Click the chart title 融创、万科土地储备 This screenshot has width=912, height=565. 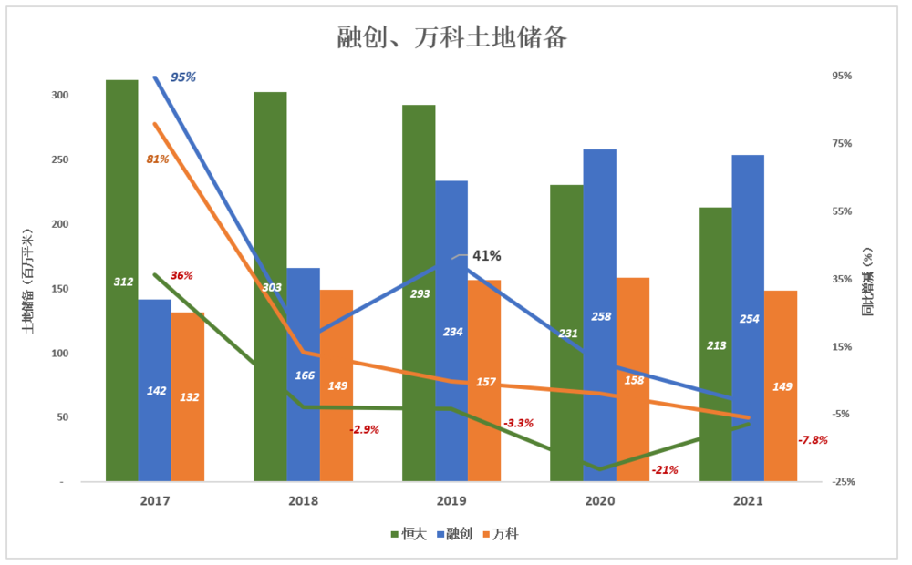[452, 37]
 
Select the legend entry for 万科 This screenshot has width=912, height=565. [504, 534]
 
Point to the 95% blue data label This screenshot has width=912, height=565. [182, 77]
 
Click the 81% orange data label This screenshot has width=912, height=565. [158, 159]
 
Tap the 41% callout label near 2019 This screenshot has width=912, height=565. [486, 256]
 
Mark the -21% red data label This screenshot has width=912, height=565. [665, 470]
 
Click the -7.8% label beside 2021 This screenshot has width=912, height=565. [813, 440]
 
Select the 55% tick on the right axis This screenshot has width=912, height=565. [840, 211]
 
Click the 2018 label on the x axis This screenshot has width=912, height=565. [303, 501]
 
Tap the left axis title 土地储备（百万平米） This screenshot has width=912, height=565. [27, 282]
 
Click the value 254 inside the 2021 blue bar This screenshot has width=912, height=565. [748, 319]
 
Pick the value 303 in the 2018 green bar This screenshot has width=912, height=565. [271, 287]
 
